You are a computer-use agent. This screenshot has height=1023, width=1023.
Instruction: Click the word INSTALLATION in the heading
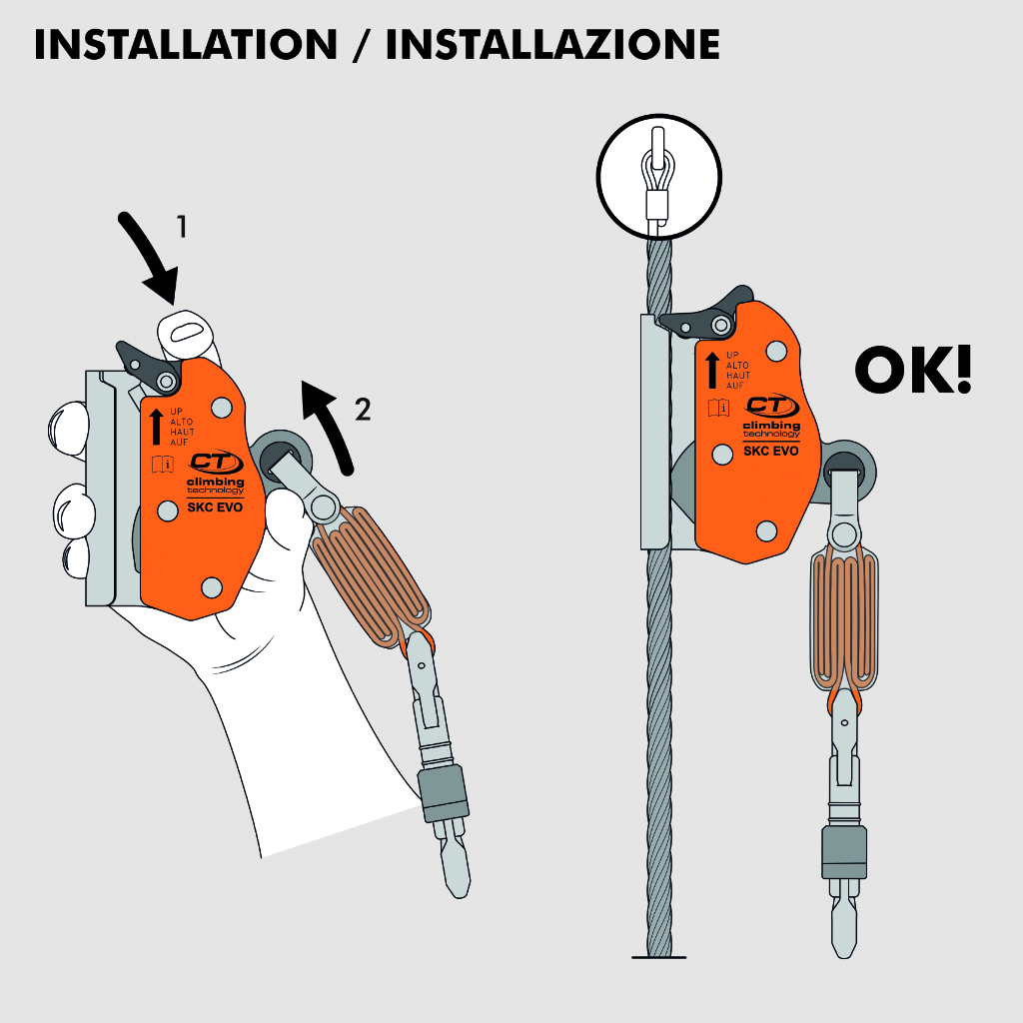(186, 44)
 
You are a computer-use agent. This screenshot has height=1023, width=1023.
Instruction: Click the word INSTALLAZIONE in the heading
(553, 44)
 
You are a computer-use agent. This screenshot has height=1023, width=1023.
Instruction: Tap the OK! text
(913, 370)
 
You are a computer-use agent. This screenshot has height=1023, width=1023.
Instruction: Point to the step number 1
(182, 227)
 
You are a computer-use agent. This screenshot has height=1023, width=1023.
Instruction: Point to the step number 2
(363, 409)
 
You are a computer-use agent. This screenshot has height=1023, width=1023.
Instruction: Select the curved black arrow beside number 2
(333, 424)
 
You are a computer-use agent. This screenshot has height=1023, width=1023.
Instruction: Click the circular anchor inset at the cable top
(659, 177)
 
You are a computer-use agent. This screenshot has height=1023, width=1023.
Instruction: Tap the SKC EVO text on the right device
(770, 451)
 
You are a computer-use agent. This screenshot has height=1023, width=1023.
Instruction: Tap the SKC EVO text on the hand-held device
(215, 508)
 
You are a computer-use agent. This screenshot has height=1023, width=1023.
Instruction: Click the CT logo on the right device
(772, 406)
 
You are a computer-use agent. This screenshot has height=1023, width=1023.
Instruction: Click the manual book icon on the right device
(719, 409)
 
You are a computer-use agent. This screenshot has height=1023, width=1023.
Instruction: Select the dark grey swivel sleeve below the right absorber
(844, 852)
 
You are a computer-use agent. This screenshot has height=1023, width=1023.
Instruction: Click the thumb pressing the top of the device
(186, 334)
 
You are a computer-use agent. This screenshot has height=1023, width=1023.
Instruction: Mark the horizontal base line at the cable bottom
(659, 957)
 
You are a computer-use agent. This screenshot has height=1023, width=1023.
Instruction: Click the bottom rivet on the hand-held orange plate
(212, 587)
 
